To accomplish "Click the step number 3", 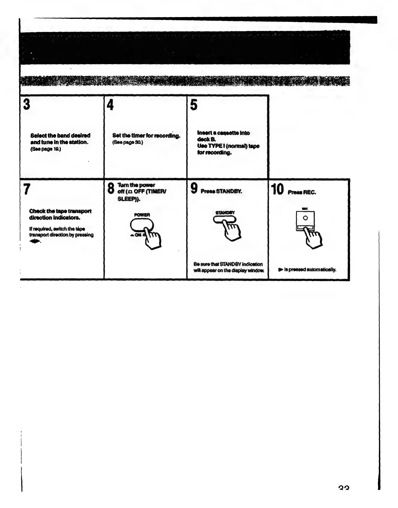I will tap(27, 104).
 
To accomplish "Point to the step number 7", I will tap(27, 189).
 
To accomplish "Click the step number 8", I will tap(111, 189).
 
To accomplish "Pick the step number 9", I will tap(194, 188).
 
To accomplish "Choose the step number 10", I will tap(277, 189).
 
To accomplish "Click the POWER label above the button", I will tap(142, 215).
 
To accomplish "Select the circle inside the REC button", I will tap(305, 218).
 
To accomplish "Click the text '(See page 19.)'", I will tap(46, 149).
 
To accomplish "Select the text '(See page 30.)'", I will tap(128, 142).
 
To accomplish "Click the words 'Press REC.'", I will tap(302, 192).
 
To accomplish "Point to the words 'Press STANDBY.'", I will tap(221, 191).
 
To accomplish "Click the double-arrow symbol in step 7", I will tap(35, 242).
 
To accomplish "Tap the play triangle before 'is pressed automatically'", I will tap(280, 270).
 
